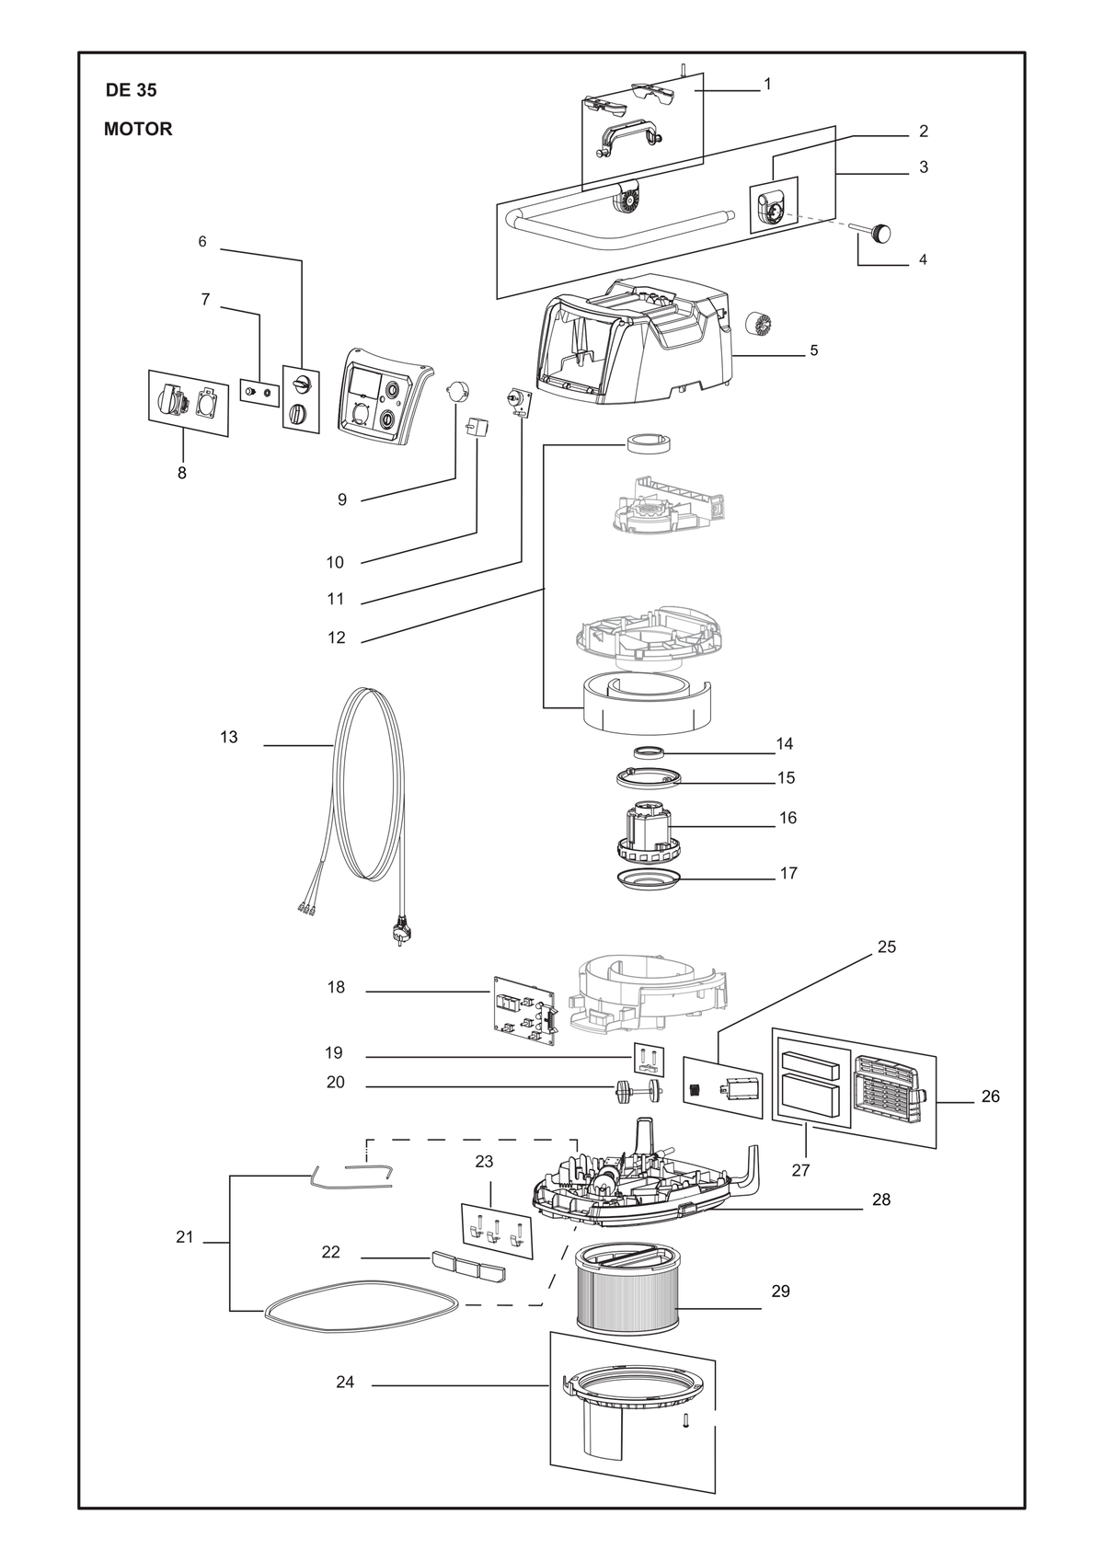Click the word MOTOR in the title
click(138, 129)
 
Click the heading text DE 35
click(131, 90)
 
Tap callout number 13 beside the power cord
click(228, 737)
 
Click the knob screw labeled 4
click(876, 232)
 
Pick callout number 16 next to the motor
click(788, 818)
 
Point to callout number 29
click(780, 1291)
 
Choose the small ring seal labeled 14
click(649, 752)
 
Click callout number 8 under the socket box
click(182, 473)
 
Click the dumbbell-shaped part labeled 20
click(638, 1092)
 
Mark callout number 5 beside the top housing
click(814, 350)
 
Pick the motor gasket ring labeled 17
click(649, 878)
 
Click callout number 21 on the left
click(184, 1237)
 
